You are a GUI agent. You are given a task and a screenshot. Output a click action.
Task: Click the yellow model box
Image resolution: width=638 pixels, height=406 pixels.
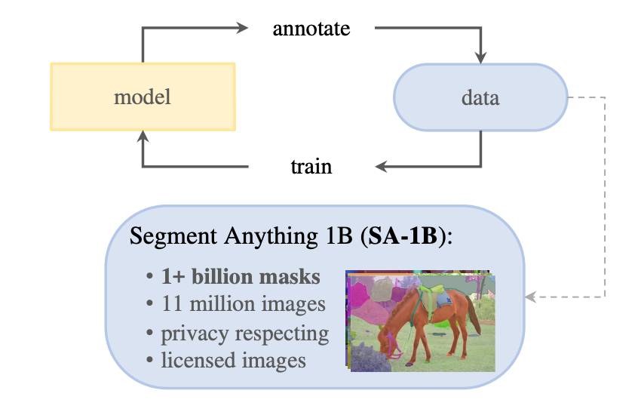pos(143,97)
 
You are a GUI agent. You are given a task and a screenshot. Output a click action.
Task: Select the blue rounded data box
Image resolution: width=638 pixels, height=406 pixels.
pos(480,97)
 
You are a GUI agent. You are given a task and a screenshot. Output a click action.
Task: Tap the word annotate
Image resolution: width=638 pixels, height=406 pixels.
pos(311,29)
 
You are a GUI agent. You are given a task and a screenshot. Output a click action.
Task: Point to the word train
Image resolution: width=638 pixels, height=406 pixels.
pos(311,165)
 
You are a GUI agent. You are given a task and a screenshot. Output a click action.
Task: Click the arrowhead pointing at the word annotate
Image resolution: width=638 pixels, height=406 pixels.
pos(242,29)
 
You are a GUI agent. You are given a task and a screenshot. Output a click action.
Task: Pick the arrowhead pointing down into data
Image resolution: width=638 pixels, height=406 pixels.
pos(480,57)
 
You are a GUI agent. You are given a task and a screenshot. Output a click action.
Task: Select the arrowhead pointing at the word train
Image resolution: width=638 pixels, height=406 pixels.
pos(381,165)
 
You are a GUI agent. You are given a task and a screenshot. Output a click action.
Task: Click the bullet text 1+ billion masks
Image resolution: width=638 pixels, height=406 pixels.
pos(241,277)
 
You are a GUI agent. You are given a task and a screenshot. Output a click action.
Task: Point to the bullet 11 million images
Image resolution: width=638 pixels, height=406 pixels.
pos(244,304)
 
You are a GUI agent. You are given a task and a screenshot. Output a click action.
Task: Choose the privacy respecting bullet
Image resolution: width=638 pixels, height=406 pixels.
pos(245,332)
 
